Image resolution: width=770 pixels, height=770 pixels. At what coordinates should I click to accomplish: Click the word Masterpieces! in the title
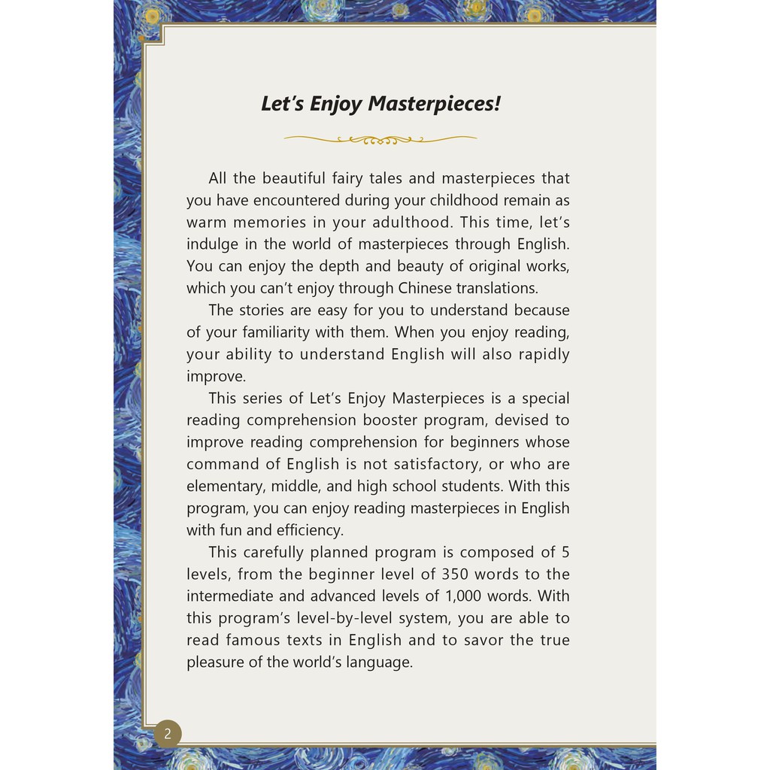coord(434,104)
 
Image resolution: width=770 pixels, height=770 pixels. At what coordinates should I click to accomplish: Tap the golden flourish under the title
coord(380,139)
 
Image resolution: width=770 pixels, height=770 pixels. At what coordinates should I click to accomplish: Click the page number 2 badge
coord(168,733)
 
